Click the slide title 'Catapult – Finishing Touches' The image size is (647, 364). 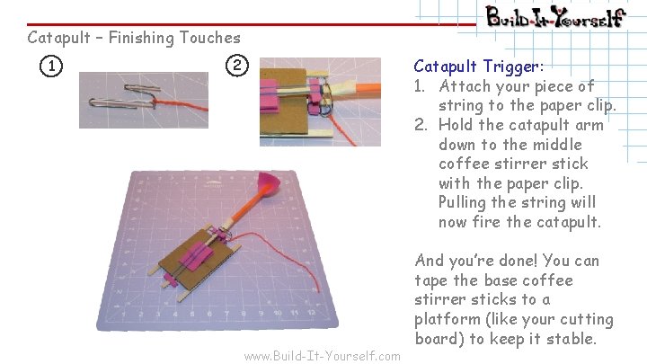pyautogui.click(x=134, y=38)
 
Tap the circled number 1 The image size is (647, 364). pyautogui.click(x=53, y=66)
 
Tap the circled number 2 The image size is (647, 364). pyautogui.click(x=235, y=66)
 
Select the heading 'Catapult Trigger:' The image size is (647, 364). pyautogui.click(x=478, y=67)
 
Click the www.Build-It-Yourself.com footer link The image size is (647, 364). pyautogui.click(x=322, y=356)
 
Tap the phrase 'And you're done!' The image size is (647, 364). pyautogui.click(x=474, y=261)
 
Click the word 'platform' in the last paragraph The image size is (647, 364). pyautogui.click(x=448, y=320)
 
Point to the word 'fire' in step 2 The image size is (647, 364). pyautogui.click(x=496, y=222)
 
